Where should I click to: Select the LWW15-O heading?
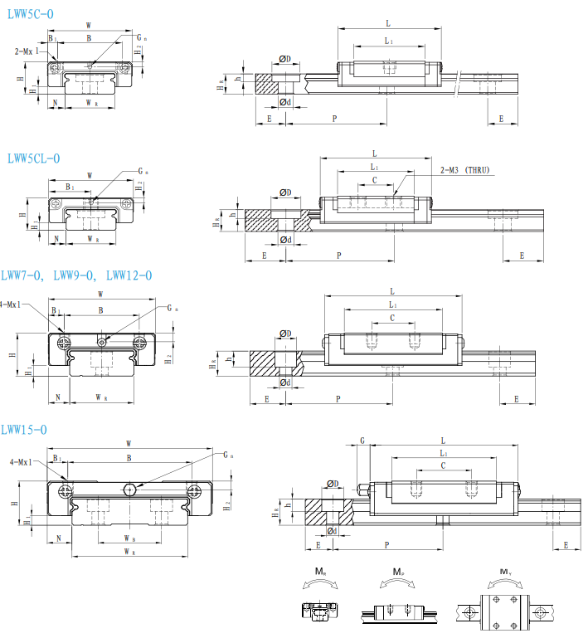pos(24,429)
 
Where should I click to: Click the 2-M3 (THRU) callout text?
pos(465,170)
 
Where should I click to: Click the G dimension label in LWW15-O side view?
pos(362,441)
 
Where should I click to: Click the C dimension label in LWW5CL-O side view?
pos(375,180)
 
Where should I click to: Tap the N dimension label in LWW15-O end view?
pos(58,538)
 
